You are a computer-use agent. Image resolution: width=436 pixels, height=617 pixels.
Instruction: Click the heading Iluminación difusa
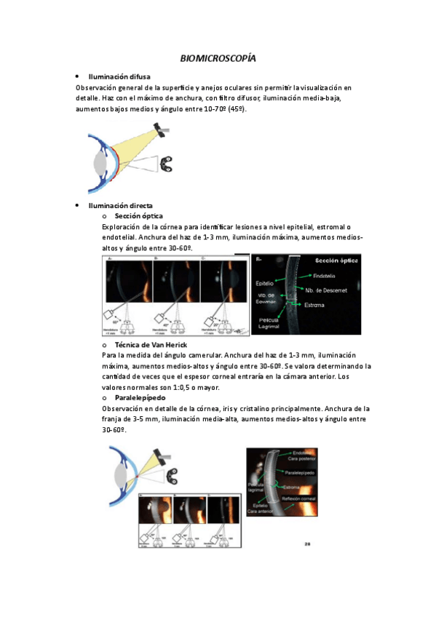click(x=119, y=76)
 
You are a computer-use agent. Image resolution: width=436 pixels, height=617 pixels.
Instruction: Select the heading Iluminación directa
click(x=120, y=206)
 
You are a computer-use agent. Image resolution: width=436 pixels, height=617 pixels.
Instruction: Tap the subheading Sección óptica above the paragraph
click(x=138, y=216)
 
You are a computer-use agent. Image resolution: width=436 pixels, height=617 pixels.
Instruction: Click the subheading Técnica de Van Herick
click(x=151, y=343)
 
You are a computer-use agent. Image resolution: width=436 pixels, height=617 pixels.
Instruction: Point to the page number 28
click(x=307, y=542)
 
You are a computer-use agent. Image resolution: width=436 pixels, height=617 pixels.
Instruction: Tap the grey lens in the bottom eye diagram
click(x=118, y=479)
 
